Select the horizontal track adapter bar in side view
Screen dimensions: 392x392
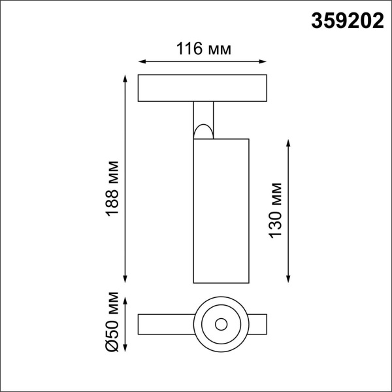[x=204, y=89]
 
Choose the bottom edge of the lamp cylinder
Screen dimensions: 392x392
[x=221, y=283]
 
